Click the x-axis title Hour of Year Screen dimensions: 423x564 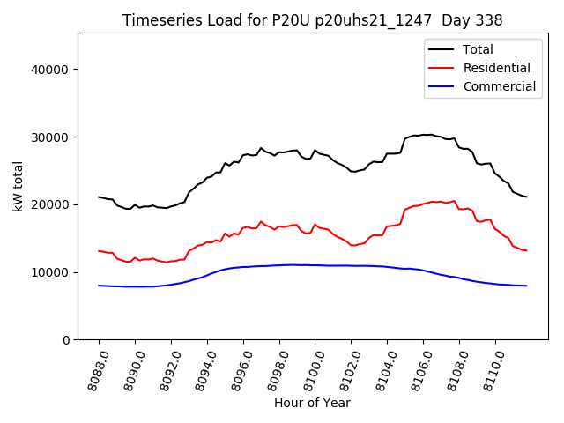point(312,403)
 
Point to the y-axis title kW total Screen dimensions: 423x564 point(18,186)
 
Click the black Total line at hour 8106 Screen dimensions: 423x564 point(423,135)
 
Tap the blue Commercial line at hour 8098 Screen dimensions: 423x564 point(279,264)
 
